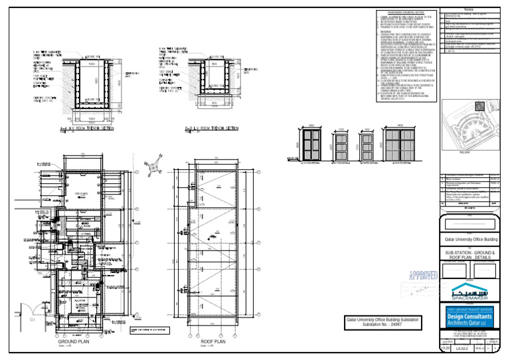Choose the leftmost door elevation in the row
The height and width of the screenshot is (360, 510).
click(x=310, y=143)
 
